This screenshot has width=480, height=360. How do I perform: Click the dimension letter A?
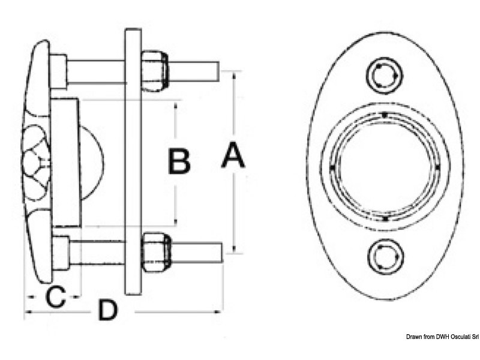point(233,155)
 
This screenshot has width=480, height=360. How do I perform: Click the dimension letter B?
point(179,161)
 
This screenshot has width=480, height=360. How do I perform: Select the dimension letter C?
point(55,296)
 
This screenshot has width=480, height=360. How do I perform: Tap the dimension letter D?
point(108,310)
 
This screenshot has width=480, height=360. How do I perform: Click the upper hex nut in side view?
point(155,70)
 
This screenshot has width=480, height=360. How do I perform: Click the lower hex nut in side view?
point(156,251)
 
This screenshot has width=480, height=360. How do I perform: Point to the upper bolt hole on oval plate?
point(385,76)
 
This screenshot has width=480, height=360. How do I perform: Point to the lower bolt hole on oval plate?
point(385,256)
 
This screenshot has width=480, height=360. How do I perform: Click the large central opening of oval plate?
point(385,167)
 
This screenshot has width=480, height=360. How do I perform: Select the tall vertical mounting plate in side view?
point(133,161)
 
